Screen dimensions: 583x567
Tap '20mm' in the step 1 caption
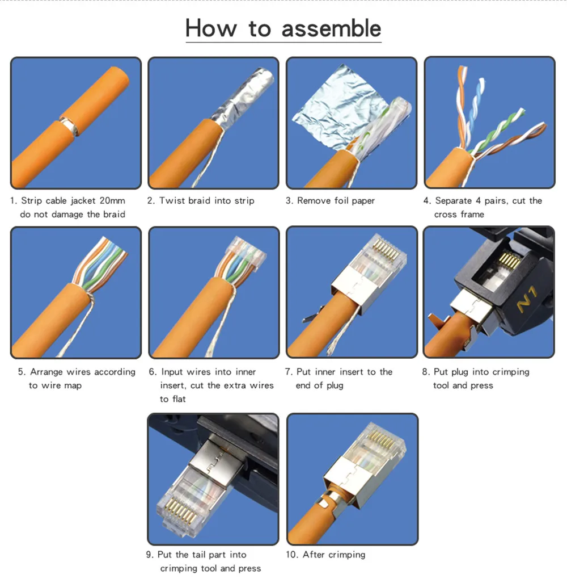[x=112, y=200]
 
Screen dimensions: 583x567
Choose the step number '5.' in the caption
[x=22, y=372]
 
